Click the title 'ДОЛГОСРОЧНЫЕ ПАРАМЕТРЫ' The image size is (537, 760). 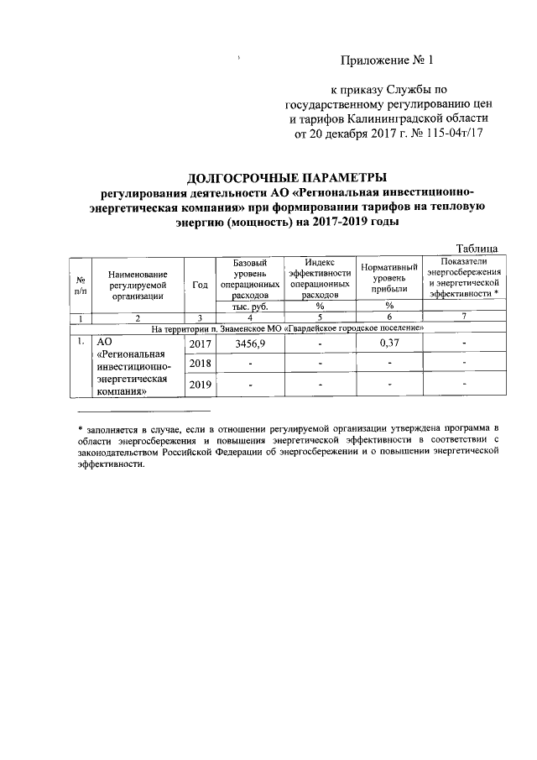(286, 177)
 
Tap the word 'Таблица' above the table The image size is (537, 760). (477, 248)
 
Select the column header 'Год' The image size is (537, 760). (200, 285)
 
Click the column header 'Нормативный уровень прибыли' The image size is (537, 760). (388, 278)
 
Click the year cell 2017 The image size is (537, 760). (201, 345)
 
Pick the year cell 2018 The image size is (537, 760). (201, 364)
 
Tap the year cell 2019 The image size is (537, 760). (201, 384)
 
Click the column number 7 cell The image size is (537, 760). (463, 317)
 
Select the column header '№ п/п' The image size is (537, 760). (79, 285)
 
